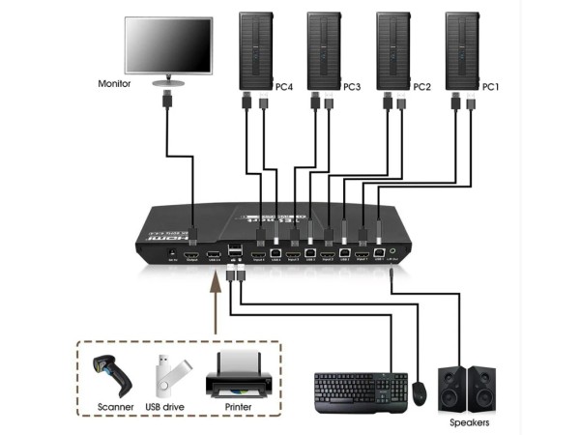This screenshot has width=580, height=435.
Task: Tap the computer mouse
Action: (x=419, y=391)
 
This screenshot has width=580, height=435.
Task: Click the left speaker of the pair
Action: (x=450, y=389)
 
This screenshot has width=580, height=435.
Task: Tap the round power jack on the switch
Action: (x=173, y=250)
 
